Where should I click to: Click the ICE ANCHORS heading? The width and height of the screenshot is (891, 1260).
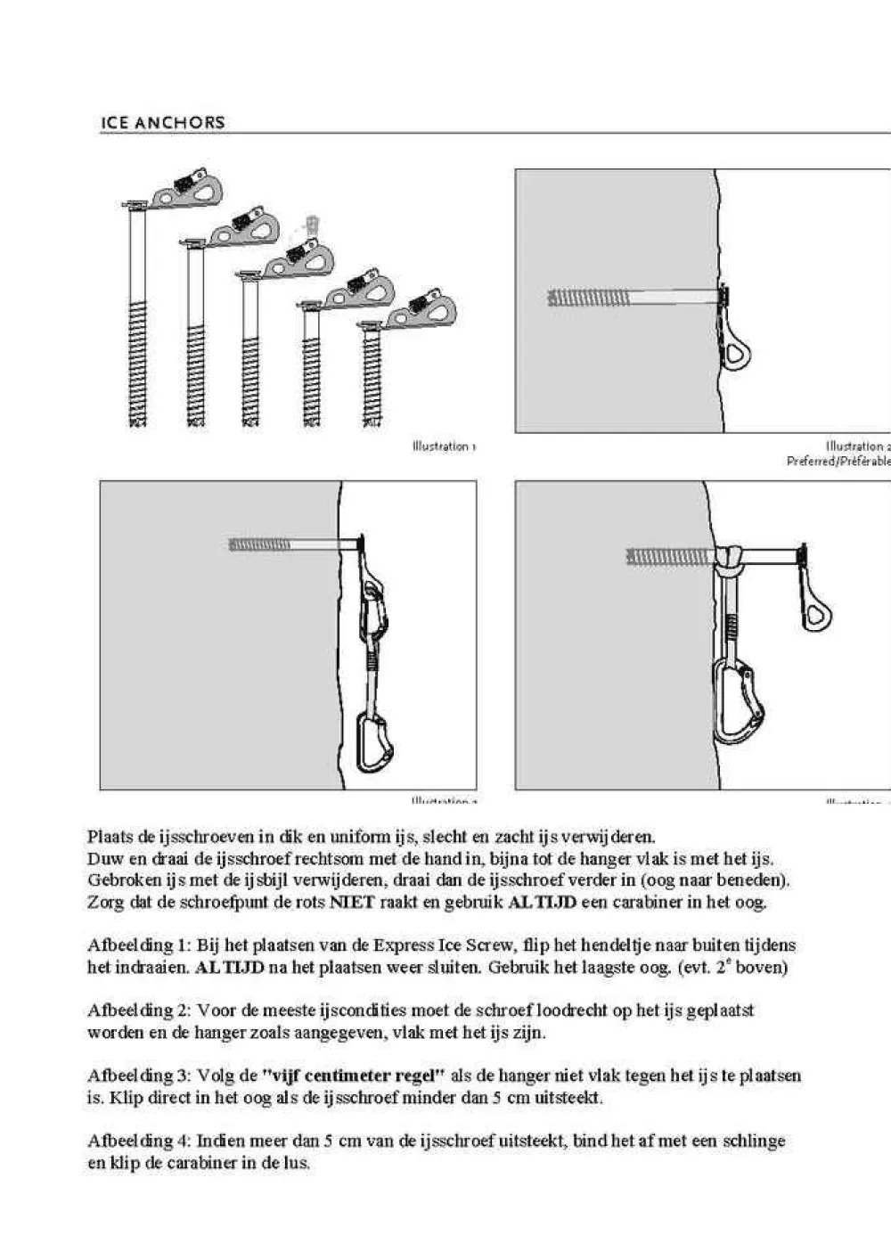pos(162,122)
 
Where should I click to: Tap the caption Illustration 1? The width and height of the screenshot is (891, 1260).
pos(444,446)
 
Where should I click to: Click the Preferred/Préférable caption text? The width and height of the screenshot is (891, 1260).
pos(838,462)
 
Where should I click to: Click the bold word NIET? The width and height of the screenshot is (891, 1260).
pos(352,902)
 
